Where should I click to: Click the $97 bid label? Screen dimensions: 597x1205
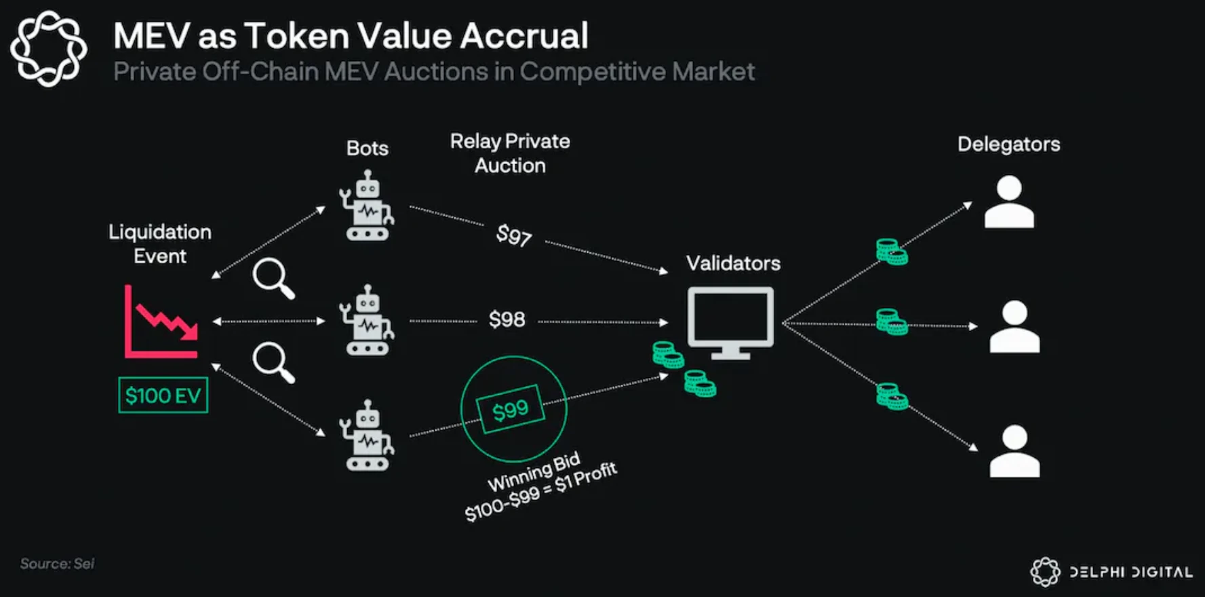click(513, 235)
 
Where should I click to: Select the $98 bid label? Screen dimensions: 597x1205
click(507, 320)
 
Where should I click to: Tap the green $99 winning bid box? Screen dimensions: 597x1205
click(511, 409)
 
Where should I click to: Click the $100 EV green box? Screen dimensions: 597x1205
click(163, 396)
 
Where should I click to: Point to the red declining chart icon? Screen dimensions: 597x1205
click(161, 322)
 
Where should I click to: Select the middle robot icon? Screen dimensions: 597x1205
click(367, 320)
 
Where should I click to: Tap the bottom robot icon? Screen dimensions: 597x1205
click(367, 436)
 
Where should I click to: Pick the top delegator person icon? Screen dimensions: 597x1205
click(1009, 202)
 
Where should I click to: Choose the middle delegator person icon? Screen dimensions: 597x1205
click(1014, 327)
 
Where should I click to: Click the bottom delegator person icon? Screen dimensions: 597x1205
click(1014, 452)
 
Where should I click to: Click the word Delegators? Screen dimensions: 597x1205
click(1008, 145)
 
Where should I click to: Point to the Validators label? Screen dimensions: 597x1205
click(733, 263)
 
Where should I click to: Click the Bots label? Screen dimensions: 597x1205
click(367, 149)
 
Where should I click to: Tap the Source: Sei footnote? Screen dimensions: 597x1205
click(57, 564)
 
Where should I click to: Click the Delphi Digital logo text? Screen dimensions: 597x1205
click(1130, 572)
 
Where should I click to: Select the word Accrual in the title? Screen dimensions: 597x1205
click(524, 36)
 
